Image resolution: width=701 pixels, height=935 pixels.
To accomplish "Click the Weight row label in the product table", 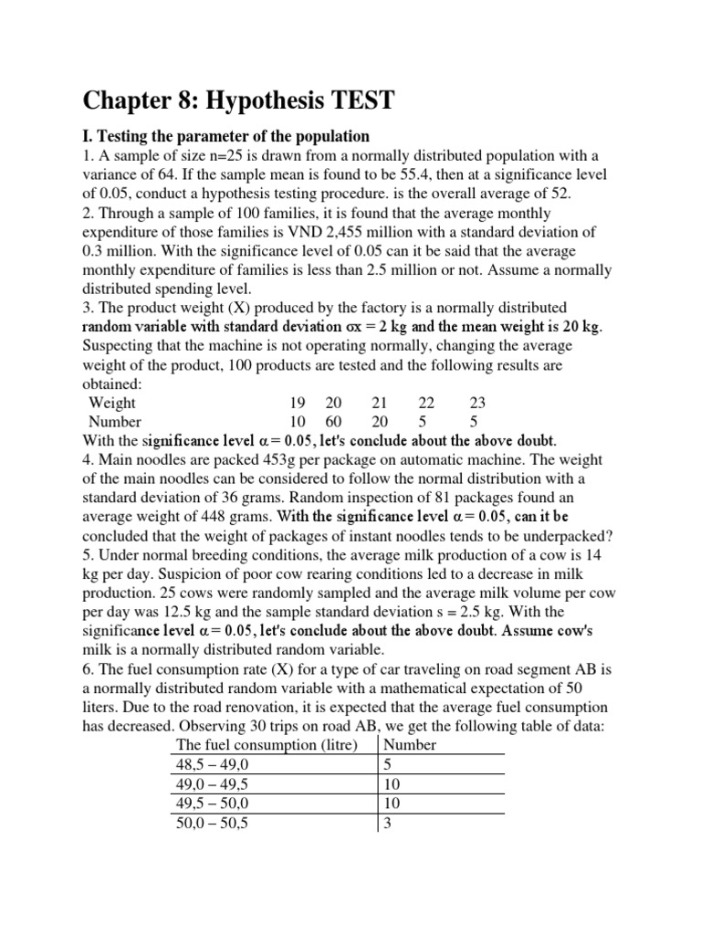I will [112, 403].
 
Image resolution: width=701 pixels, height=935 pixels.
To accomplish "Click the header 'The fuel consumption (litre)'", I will [272, 744].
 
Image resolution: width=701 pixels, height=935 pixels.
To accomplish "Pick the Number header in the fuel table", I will [412, 744].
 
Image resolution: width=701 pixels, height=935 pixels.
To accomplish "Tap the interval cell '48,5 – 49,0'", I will [213, 764].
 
